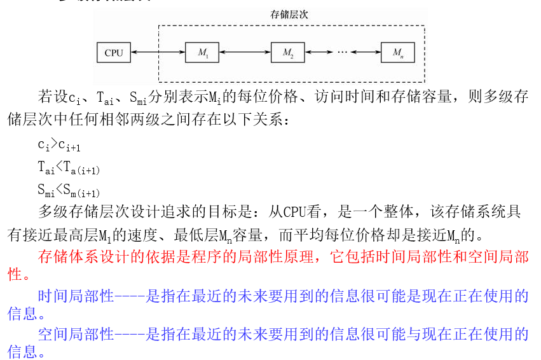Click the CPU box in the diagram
[x=114, y=53]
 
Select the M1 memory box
[x=202, y=53]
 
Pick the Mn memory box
[x=397, y=53]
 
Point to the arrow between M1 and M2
[x=245, y=53]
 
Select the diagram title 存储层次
[x=290, y=14]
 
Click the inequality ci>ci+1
[x=58, y=146]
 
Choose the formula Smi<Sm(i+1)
[x=69, y=190]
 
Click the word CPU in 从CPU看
[x=294, y=212]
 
